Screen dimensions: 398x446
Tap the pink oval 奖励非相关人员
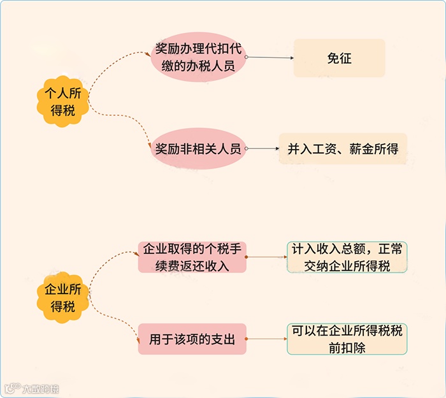coord(198,150)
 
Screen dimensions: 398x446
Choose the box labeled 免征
coord(339,59)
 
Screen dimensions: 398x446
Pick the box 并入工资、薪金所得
coord(343,150)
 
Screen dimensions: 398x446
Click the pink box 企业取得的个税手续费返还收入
coord(192,257)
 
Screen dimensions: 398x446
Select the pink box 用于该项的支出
coord(192,339)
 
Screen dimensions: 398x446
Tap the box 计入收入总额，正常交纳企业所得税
coord(347,257)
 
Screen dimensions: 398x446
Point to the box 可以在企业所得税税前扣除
coord(347,339)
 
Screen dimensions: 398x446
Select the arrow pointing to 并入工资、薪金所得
coord(263,150)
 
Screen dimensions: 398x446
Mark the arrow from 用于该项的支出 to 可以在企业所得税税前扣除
coord(266,339)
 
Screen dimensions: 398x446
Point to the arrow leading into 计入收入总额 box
coord(266,257)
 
